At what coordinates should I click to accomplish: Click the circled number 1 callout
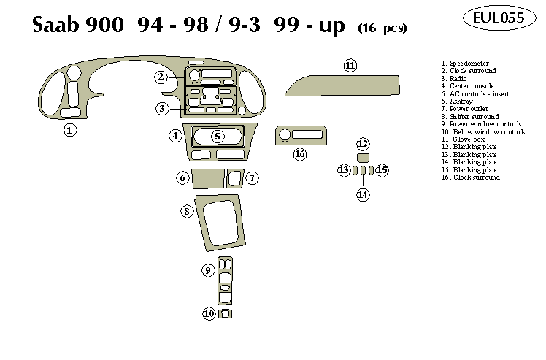(70, 131)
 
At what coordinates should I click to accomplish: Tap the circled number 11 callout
(350, 66)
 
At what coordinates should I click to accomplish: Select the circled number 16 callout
(299, 154)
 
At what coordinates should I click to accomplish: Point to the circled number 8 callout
(187, 211)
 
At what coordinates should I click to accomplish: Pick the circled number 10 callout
(209, 313)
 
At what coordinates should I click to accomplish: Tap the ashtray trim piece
(208, 178)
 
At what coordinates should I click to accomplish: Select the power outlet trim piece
(235, 178)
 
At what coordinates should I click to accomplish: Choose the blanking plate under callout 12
(363, 157)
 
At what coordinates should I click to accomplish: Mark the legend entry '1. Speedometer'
(468, 64)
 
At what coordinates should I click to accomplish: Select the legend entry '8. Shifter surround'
(471, 117)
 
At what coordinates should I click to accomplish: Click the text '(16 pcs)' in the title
(382, 28)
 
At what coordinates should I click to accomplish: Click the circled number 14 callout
(363, 194)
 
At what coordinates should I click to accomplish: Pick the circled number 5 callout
(218, 136)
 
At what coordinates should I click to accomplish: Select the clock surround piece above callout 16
(299, 135)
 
